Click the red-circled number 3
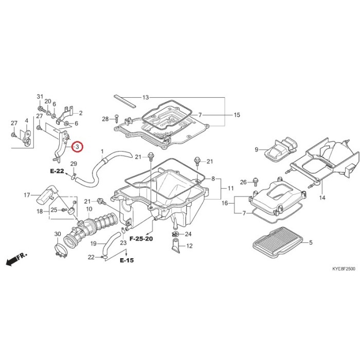click(77, 146)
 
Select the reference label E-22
click(57, 171)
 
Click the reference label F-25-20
click(141, 239)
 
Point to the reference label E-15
click(127, 260)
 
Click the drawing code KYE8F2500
click(344, 268)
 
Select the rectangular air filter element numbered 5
click(277, 242)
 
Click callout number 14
click(322, 197)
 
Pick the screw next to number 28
click(117, 118)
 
